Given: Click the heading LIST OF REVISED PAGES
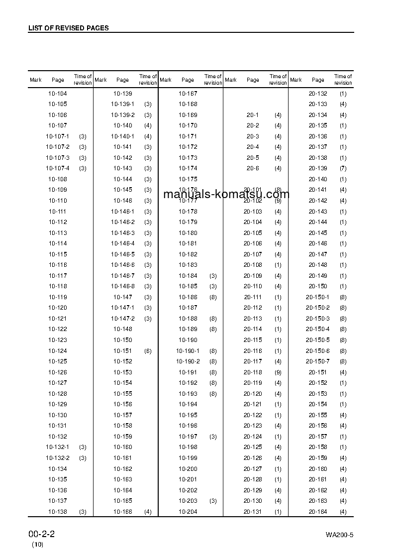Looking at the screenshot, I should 68,28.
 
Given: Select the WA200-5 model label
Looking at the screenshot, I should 339,535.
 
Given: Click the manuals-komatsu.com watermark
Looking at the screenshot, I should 226,194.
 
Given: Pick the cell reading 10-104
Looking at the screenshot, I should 58,94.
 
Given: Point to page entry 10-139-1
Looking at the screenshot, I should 122,104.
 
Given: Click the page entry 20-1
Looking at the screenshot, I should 253,115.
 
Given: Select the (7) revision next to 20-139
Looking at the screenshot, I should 343,168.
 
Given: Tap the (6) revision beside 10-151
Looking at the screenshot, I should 148,351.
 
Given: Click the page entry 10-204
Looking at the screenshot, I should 188,512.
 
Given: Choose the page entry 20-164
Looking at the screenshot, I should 318,512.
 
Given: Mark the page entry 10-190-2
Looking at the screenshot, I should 188,361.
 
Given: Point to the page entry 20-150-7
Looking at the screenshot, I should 318,361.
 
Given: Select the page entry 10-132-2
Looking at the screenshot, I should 58,458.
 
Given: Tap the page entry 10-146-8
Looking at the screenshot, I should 122,286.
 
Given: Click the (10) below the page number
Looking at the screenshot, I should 38,545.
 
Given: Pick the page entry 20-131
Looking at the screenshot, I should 253,512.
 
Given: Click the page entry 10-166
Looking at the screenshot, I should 122,512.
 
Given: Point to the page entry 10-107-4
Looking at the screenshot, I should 58,168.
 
